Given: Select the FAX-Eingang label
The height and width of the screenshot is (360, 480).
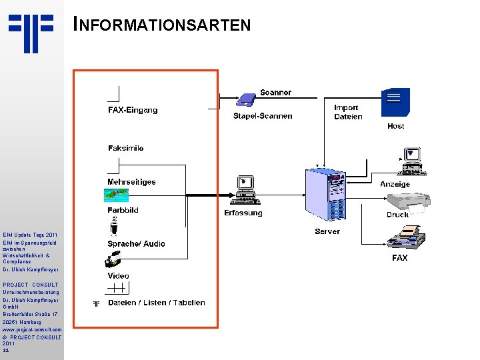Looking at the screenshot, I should [133, 110].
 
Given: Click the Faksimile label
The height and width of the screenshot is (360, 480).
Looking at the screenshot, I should [125, 148].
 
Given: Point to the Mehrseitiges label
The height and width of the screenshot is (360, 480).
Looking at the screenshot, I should [131, 181].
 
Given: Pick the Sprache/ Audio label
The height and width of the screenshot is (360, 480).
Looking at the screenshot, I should [136, 244].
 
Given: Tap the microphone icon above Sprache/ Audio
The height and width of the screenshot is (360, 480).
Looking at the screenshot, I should [114, 227].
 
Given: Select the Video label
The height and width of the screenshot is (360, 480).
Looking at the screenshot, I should [119, 275].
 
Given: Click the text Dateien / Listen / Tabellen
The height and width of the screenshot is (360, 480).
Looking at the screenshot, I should [156, 303].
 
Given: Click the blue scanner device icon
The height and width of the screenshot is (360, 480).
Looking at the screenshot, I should [246, 100].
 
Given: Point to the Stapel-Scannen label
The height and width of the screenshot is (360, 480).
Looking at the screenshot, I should [263, 116].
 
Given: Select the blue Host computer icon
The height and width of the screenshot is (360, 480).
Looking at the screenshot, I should [395, 103].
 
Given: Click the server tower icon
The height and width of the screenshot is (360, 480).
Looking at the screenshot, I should [327, 194].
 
